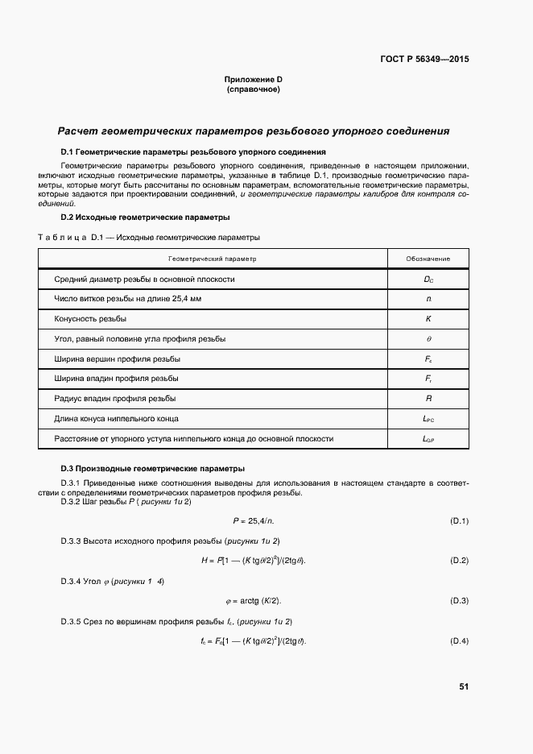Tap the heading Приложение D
pyautogui.click(x=253, y=79)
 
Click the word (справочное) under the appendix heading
pyautogui.click(x=253, y=89)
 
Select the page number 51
pyautogui.click(x=464, y=686)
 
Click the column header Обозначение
pyautogui.click(x=428, y=259)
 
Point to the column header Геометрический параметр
pyautogui.click(x=212, y=259)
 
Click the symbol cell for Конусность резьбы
pyautogui.click(x=428, y=319)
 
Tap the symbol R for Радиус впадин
pyautogui.click(x=428, y=399)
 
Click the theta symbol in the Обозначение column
pyautogui.click(x=428, y=339)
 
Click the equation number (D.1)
pyautogui.click(x=459, y=520)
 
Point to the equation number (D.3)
pyautogui.click(x=459, y=601)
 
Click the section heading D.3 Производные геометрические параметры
pyautogui.click(x=153, y=469)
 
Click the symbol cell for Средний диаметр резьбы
pyautogui.click(x=428, y=280)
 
